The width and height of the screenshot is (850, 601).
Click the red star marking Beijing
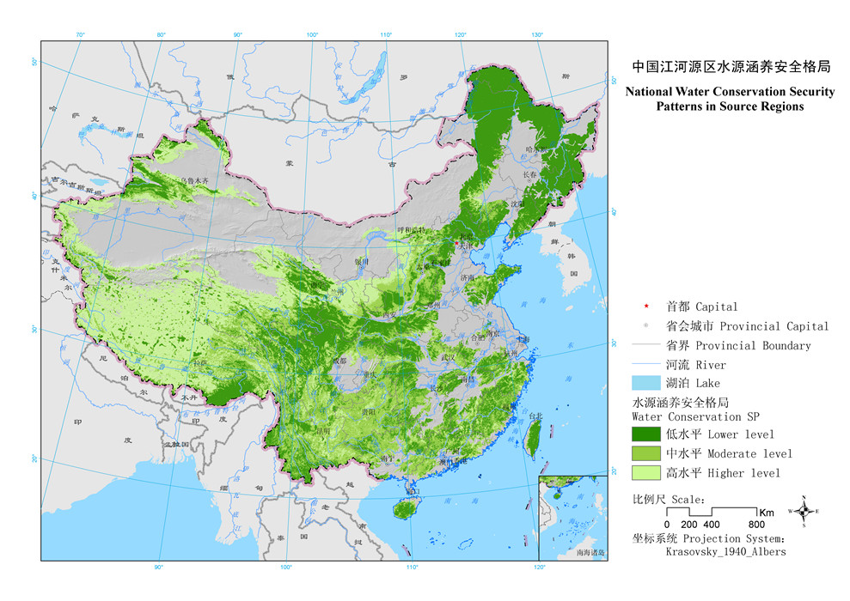click(456, 242)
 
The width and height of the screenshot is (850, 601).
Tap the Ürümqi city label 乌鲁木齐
click(194, 180)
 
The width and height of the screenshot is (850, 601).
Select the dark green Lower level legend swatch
click(646, 434)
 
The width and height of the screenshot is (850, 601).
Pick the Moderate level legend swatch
click(646, 453)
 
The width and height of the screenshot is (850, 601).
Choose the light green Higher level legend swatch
click(646, 472)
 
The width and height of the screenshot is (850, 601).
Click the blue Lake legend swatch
click(646, 383)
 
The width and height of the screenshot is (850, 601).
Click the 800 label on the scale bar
click(756, 525)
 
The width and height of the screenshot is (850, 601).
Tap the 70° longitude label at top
click(80, 34)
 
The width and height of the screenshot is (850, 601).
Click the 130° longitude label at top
click(537, 34)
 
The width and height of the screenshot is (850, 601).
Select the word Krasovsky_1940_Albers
click(725, 552)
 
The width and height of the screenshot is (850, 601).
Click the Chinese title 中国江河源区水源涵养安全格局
click(731, 65)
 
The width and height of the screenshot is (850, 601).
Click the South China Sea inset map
click(572, 516)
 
